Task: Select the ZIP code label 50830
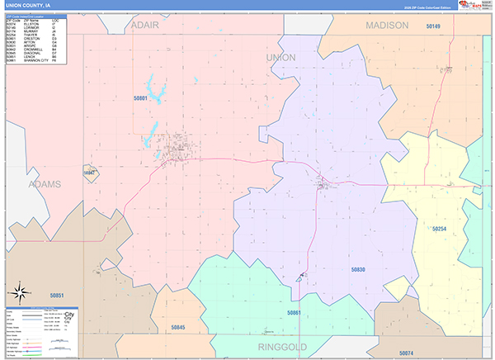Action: point(357,270)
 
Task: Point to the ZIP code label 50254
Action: point(439,229)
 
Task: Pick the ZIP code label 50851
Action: point(57,294)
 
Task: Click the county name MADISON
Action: point(387,26)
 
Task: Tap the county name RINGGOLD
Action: point(284,347)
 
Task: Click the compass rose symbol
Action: point(21,292)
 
